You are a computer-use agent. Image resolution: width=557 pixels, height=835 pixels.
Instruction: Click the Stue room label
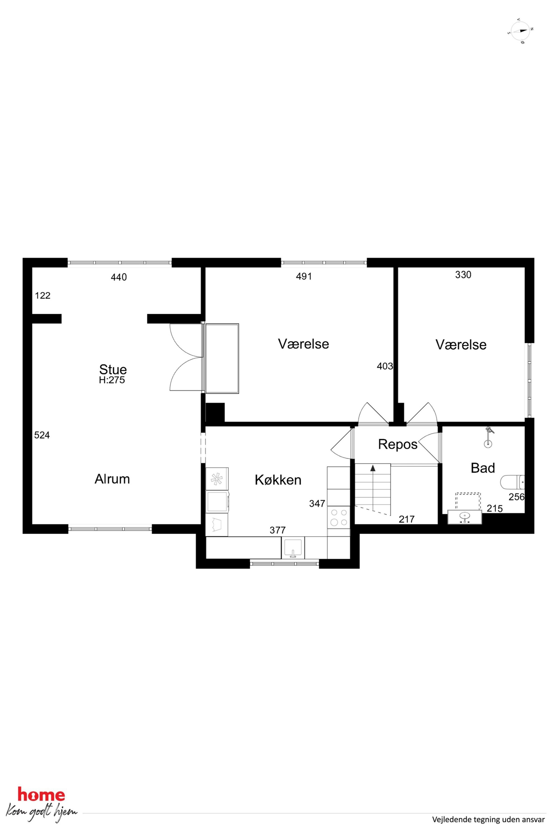click(x=113, y=369)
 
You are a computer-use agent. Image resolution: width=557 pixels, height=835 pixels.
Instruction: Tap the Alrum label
click(x=112, y=479)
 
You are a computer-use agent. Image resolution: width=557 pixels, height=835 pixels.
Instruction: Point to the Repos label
click(x=398, y=444)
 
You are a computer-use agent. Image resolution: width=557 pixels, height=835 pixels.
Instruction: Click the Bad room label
click(x=483, y=468)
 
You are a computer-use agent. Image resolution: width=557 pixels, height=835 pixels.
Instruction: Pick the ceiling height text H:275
click(x=112, y=380)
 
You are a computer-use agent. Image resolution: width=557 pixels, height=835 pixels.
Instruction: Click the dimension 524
click(x=42, y=435)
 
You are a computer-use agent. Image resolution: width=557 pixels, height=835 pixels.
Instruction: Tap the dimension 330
click(x=463, y=274)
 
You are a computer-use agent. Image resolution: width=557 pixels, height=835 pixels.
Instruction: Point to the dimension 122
click(x=43, y=295)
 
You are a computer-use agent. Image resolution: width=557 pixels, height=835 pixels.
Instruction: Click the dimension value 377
click(x=277, y=530)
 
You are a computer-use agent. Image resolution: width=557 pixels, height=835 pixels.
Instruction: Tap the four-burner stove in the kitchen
click(x=339, y=517)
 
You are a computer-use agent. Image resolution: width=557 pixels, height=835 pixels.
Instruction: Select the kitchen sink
click(x=293, y=547)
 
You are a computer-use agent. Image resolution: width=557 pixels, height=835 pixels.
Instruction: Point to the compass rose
click(x=521, y=31)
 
